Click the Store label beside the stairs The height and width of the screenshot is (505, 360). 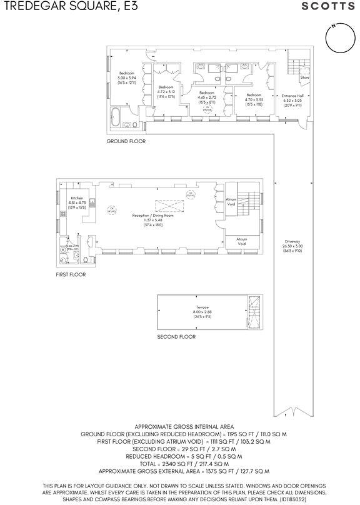pyautogui.click(x=304, y=78)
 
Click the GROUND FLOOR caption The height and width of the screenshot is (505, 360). pyautogui.click(x=126, y=142)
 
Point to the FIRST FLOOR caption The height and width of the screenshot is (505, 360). pyautogui.click(x=71, y=274)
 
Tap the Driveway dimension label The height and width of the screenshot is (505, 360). pyautogui.click(x=292, y=245)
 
